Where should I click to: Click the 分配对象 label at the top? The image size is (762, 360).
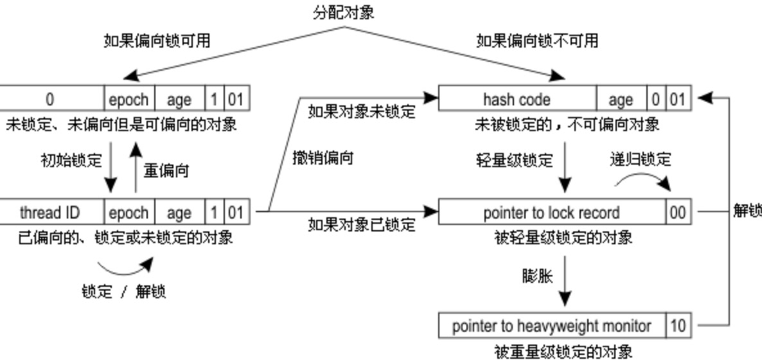(x=343, y=12)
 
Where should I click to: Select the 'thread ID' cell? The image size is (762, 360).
(x=49, y=212)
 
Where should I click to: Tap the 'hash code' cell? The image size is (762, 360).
(x=517, y=100)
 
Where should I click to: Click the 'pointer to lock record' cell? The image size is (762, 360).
(x=551, y=212)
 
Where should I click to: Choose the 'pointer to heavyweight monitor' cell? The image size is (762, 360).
(x=551, y=326)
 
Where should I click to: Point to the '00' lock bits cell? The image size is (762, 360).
(x=678, y=212)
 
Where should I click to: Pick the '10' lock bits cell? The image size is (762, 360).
(x=678, y=326)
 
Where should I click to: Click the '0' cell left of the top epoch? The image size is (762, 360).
(x=50, y=100)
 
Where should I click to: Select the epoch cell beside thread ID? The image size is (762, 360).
(x=128, y=212)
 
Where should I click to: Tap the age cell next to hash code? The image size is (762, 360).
(x=620, y=100)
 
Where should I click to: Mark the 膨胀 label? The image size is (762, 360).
(x=537, y=275)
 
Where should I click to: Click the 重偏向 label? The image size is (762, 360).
(x=166, y=171)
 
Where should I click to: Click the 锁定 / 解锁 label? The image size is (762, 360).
(x=123, y=291)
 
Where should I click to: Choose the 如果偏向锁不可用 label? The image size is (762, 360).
(x=537, y=40)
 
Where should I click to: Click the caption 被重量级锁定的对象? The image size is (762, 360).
(x=563, y=351)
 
